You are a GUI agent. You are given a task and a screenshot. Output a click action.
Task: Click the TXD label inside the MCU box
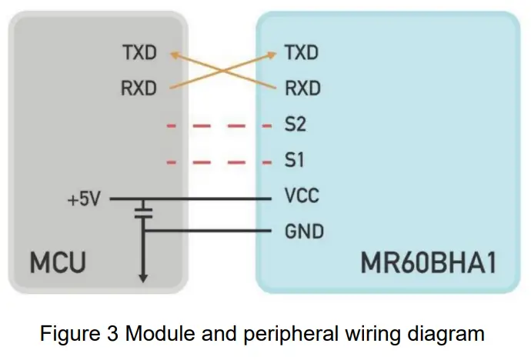(139, 53)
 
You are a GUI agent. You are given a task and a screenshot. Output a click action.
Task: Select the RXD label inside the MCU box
(139, 88)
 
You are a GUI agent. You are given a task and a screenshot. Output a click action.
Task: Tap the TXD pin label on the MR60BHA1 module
(302, 53)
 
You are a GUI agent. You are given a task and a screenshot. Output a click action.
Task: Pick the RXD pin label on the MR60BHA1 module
(302, 88)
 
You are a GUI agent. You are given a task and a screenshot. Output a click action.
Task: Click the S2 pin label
(296, 125)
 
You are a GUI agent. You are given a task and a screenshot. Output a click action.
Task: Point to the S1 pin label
(296, 162)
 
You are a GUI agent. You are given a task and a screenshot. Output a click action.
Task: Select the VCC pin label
(301, 197)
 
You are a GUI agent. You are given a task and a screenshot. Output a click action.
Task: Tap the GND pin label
(303, 231)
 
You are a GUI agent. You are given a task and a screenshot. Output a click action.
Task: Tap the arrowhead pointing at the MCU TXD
(175, 55)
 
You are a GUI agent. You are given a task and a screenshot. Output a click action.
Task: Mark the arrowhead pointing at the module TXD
(273, 55)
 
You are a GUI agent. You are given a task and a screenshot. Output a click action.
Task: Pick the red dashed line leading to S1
(219, 162)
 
